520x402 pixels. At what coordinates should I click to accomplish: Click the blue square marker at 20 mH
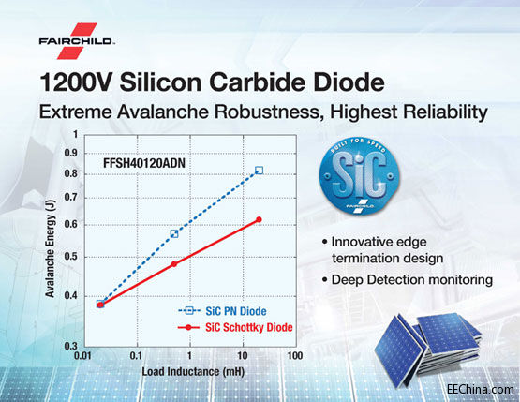[259, 171]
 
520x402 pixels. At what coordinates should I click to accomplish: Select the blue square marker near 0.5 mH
[174, 233]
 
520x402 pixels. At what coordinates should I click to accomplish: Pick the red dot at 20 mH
[259, 219]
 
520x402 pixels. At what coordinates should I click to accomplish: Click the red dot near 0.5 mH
[174, 264]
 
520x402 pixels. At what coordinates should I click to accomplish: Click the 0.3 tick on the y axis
[70, 347]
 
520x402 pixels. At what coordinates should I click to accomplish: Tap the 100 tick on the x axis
[295, 357]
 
